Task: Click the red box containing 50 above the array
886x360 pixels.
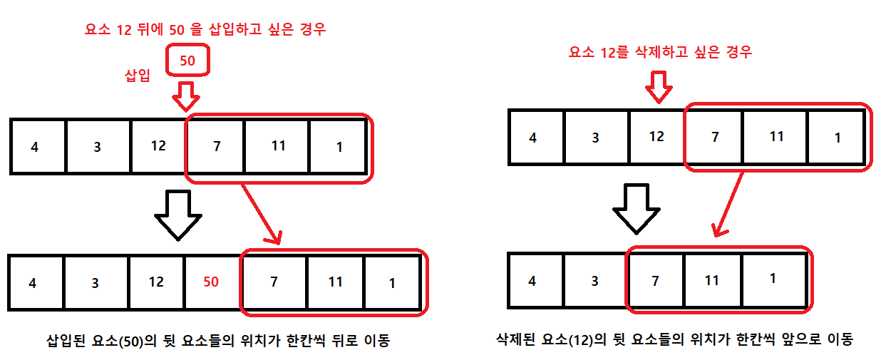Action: coord(187,61)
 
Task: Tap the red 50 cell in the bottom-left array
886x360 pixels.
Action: coord(212,282)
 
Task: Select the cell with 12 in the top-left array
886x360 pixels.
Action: coord(158,146)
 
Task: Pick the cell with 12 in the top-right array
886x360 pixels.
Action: coord(657,137)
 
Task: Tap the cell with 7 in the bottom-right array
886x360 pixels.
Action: coord(656,280)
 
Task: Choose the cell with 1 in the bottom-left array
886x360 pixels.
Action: coord(392,282)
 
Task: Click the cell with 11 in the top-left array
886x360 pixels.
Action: coord(278,146)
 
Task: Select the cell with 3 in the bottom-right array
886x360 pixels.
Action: coord(595,280)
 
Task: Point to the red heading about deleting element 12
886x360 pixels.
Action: coord(660,52)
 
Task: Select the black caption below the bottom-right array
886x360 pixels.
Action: coord(674,339)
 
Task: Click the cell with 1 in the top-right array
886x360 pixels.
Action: coord(838,137)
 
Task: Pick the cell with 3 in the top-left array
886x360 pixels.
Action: coord(98,146)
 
